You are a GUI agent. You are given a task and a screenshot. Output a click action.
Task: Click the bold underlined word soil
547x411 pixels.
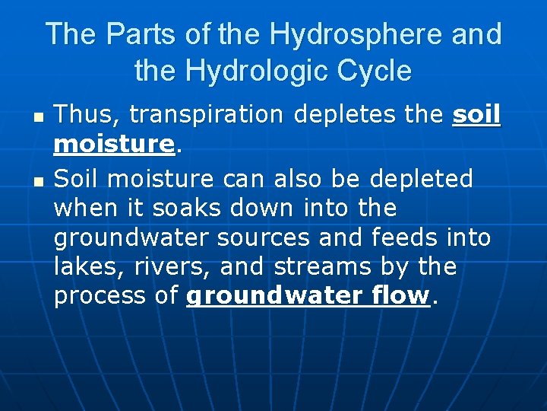pos(476,115)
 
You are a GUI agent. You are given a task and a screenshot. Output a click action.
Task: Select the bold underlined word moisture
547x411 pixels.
pos(114,143)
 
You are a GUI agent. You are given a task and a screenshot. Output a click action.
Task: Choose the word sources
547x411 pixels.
pos(264,237)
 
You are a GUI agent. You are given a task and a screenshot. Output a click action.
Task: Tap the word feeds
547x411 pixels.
pos(405,237)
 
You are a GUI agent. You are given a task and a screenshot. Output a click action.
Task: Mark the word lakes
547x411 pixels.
pos(80,266)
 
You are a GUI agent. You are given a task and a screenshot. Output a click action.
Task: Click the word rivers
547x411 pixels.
pos(150,266)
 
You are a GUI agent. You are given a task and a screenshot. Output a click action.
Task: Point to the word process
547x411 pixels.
pos(97,296)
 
